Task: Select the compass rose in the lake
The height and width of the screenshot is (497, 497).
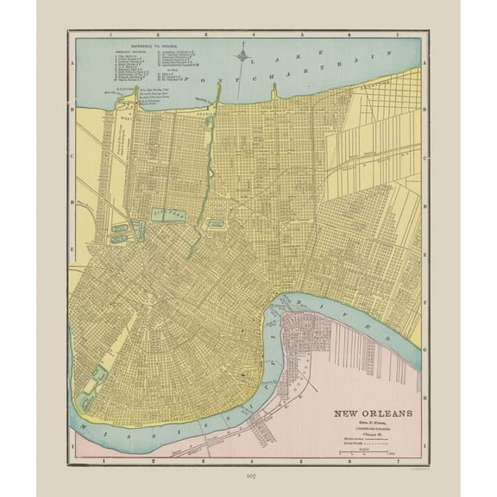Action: (x=245, y=60)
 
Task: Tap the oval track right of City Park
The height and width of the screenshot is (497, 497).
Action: (x=218, y=224)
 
